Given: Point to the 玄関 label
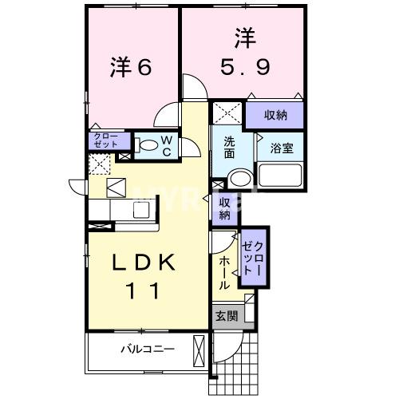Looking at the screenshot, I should (x=226, y=316).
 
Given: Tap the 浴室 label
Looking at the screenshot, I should (x=281, y=148).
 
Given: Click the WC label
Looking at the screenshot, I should (x=167, y=144).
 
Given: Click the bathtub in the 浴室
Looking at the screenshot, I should (x=282, y=174).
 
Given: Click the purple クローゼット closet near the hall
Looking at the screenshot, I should (x=251, y=255).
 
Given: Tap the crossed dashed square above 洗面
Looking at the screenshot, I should (x=227, y=113).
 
